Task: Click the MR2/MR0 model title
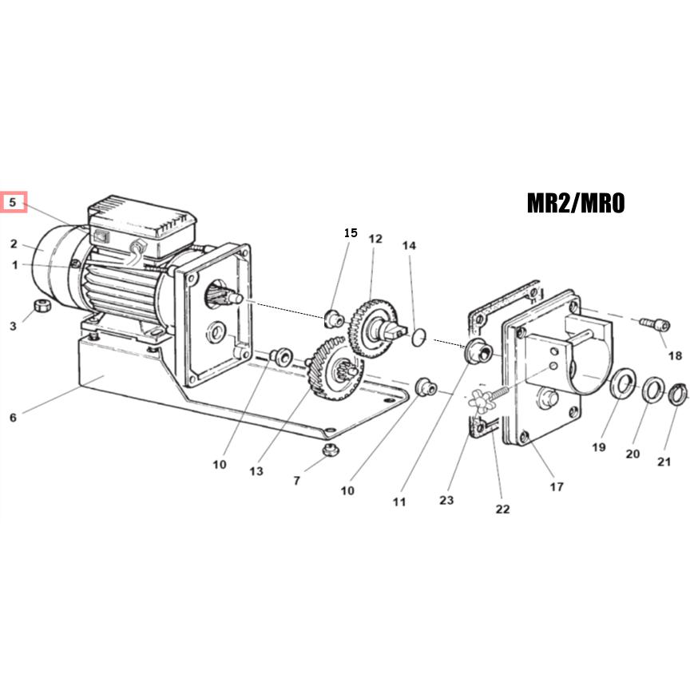[576, 203]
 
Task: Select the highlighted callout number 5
[13, 203]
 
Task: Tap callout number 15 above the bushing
[351, 233]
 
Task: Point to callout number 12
[375, 239]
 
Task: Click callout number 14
[409, 245]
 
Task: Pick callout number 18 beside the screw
[676, 355]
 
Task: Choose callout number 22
[502, 509]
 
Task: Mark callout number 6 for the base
[14, 418]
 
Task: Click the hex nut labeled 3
[42, 306]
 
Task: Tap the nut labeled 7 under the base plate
[330, 450]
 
